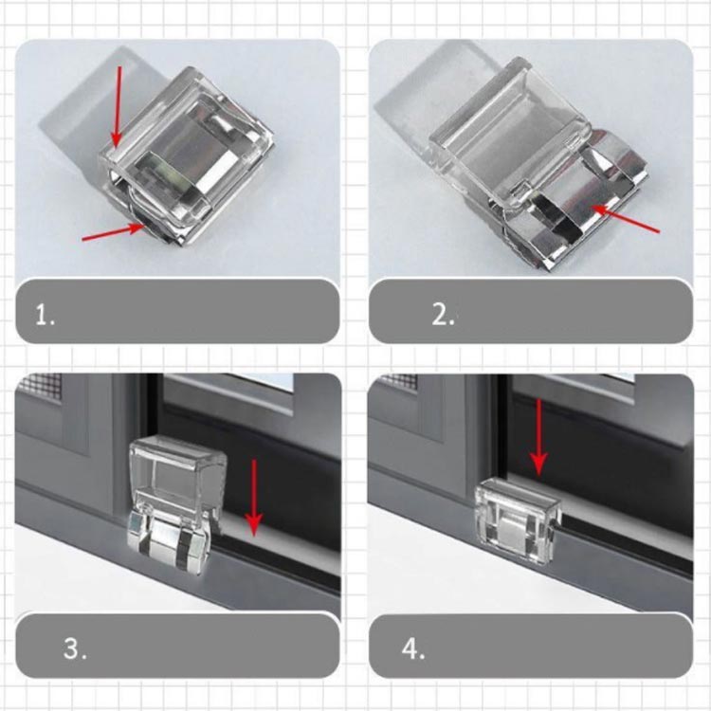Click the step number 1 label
pos(45,315)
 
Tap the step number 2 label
pos(443,314)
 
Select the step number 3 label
pos(75,648)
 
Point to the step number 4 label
pos(413,648)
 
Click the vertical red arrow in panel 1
pos(118,106)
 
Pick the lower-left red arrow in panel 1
pos(114,231)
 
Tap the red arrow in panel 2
pos(626,220)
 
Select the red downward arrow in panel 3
pos(254,498)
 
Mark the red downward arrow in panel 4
pos(538,437)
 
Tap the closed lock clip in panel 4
pos(518,521)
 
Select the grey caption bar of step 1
pos(177,311)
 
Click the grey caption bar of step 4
pos(531,647)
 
